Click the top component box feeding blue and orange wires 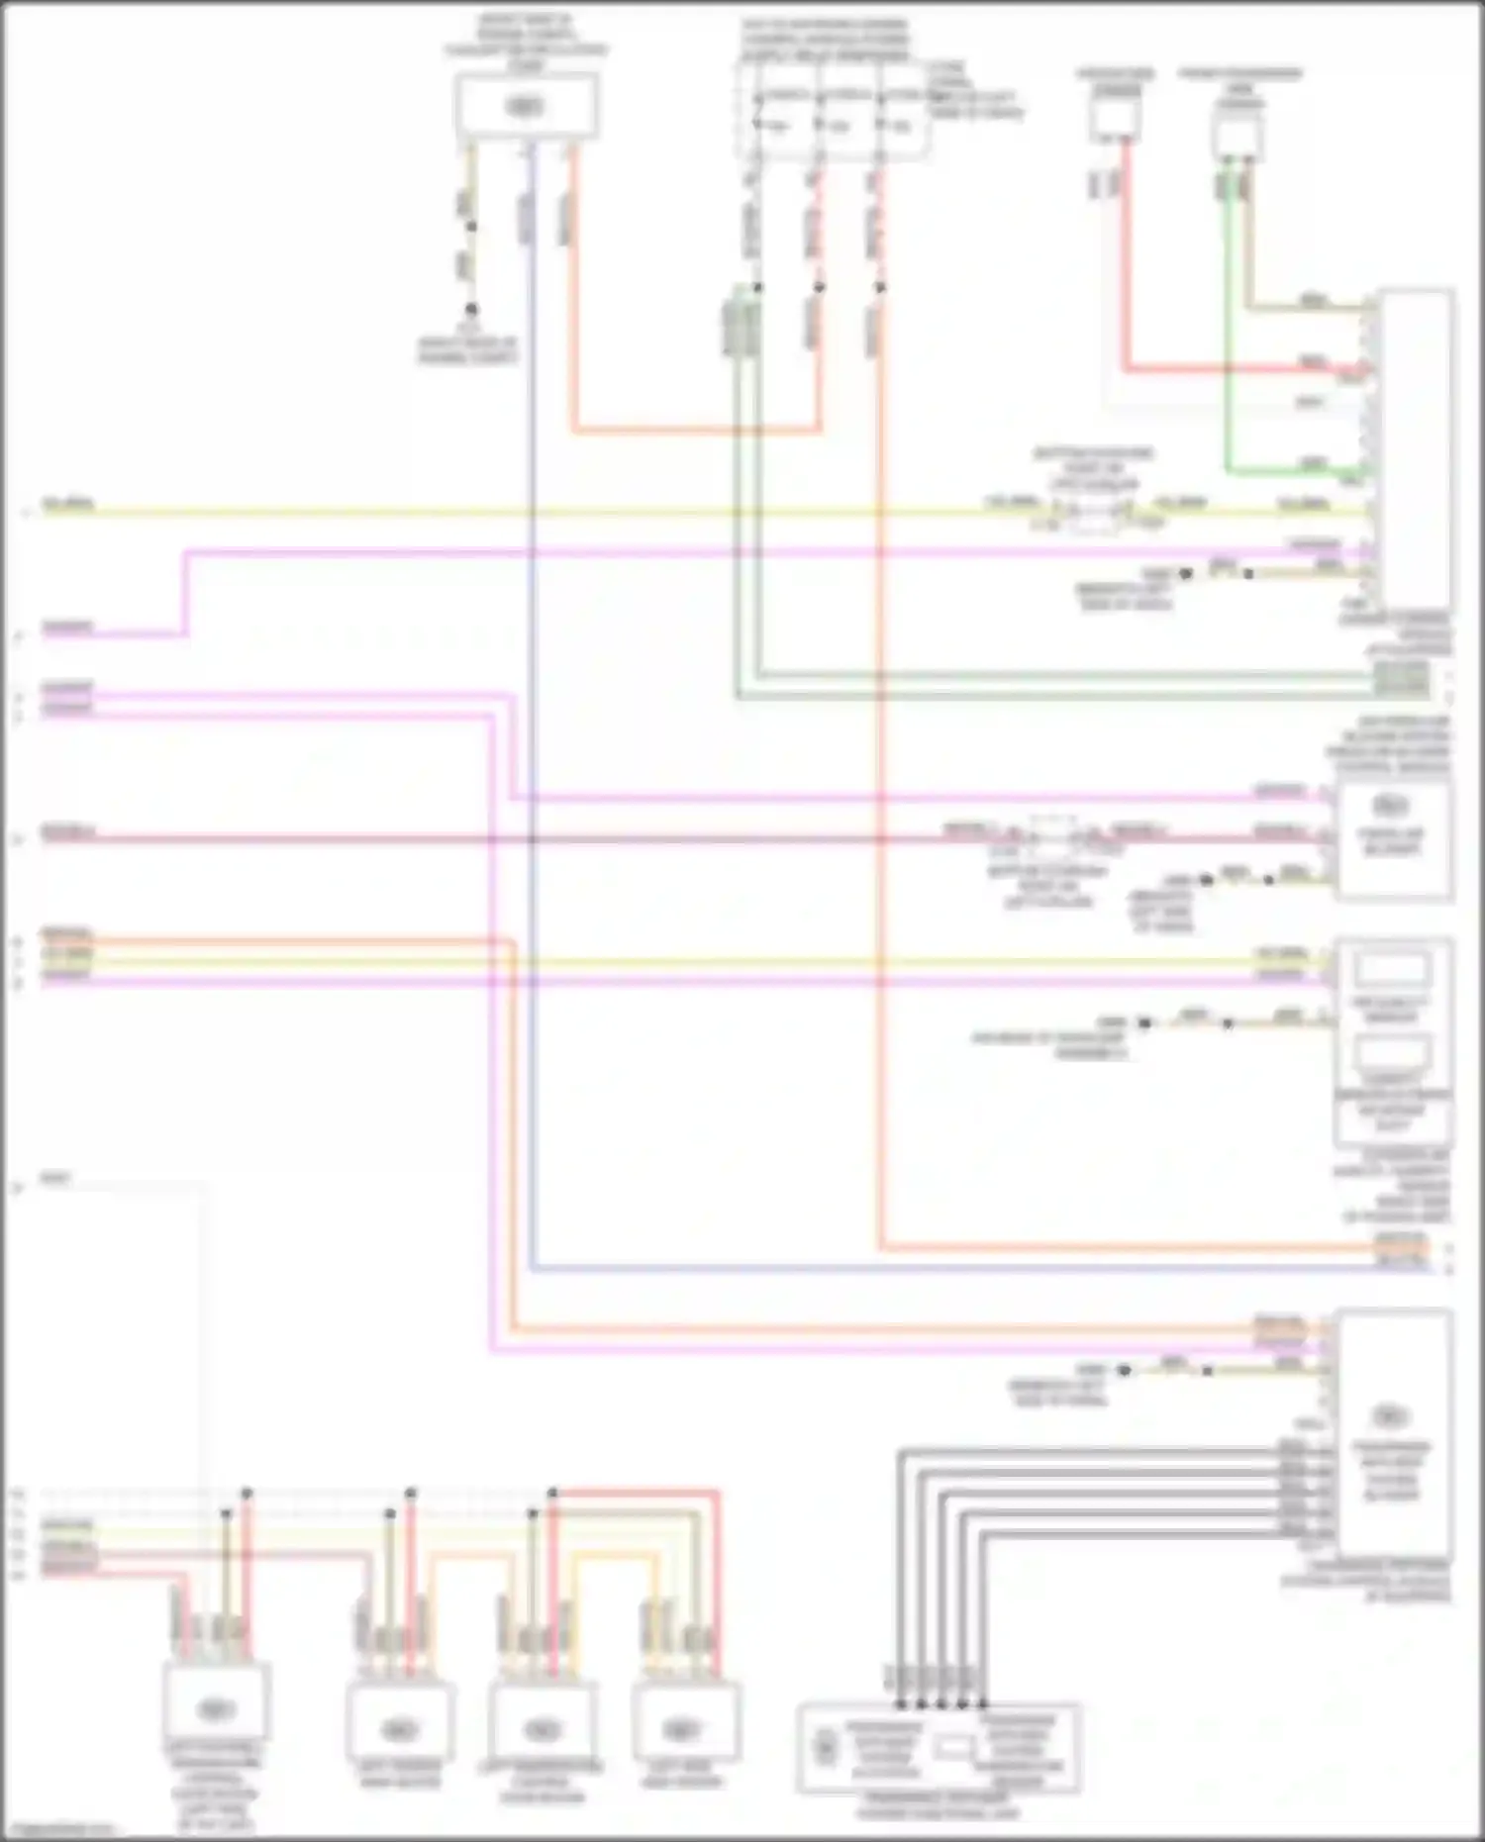(526, 106)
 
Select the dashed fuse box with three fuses (832, 111)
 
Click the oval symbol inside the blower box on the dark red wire (1391, 804)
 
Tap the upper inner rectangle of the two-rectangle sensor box (1392, 971)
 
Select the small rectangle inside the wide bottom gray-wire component (950, 1748)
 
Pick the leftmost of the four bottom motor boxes (216, 1707)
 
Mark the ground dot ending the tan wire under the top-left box (471, 310)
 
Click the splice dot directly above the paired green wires (757, 287)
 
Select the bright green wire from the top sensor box (1228, 327)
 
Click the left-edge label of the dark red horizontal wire (67, 833)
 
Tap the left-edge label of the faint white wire (56, 1178)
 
